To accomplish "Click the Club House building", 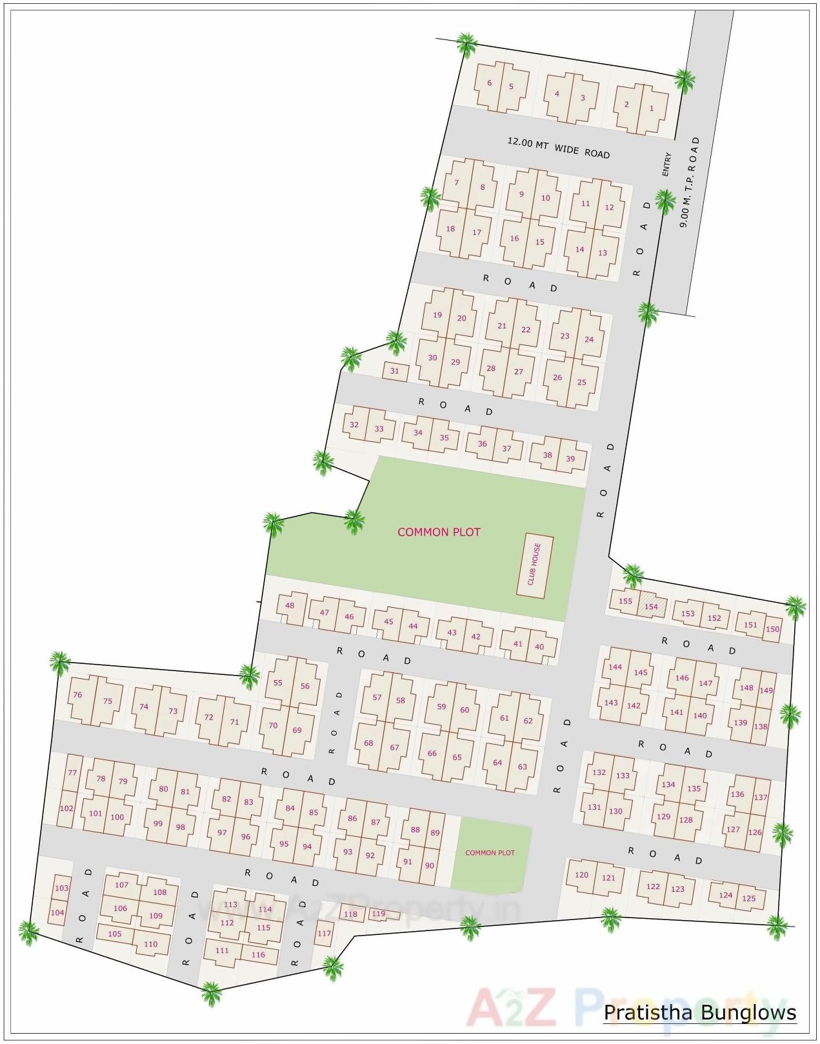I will pos(535,565).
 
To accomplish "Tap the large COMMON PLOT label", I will pos(439,532).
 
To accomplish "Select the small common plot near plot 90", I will pos(490,853).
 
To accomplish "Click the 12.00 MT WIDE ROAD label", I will pos(558,148).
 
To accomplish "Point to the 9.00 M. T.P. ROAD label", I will pos(689,181).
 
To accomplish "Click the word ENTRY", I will pos(666,165).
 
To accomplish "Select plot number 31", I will pos(395,371).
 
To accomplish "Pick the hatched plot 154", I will pos(651,606).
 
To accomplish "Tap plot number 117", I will pos(324,933).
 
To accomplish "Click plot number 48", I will pos(290,605).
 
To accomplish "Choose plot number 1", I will pos(651,108).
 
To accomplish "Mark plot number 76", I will pos(77,695).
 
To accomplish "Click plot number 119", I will pos(379,914).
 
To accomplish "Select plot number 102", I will pos(66,808).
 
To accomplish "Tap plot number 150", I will pos(772,629).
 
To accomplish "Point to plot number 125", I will pos(748,898).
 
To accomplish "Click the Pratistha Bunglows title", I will pos(700,1012).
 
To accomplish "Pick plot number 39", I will pos(570,459).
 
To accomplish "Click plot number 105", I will pos(115,934).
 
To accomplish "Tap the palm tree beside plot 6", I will pos(466,45).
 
